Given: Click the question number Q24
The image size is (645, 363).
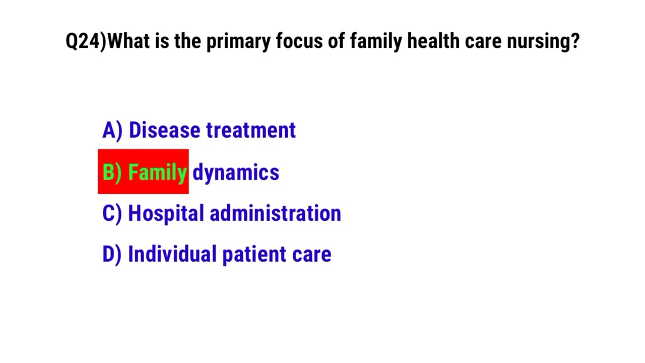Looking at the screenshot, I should pyautogui.click(x=84, y=41).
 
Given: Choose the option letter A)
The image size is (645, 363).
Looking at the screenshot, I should pyautogui.click(x=112, y=131).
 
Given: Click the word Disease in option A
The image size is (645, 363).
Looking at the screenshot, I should pyautogui.click(x=164, y=131).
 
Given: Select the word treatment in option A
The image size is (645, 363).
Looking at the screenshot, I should pyautogui.click(x=251, y=131).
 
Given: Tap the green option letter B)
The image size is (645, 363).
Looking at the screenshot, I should pyautogui.click(x=112, y=172).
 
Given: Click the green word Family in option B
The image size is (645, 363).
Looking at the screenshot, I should pyautogui.click(x=158, y=172).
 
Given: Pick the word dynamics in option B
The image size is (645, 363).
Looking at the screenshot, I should pyautogui.click(x=236, y=172).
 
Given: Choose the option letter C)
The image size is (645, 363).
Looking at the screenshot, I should pyautogui.click(x=112, y=214).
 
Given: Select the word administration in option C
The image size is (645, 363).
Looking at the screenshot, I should pyautogui.click(x=275, y=214).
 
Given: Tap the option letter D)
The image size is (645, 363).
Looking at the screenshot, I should pyautogui.click(x=112, y=255).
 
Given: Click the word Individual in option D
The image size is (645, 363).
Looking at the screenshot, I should pyautogui.click(x=172, y=255).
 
